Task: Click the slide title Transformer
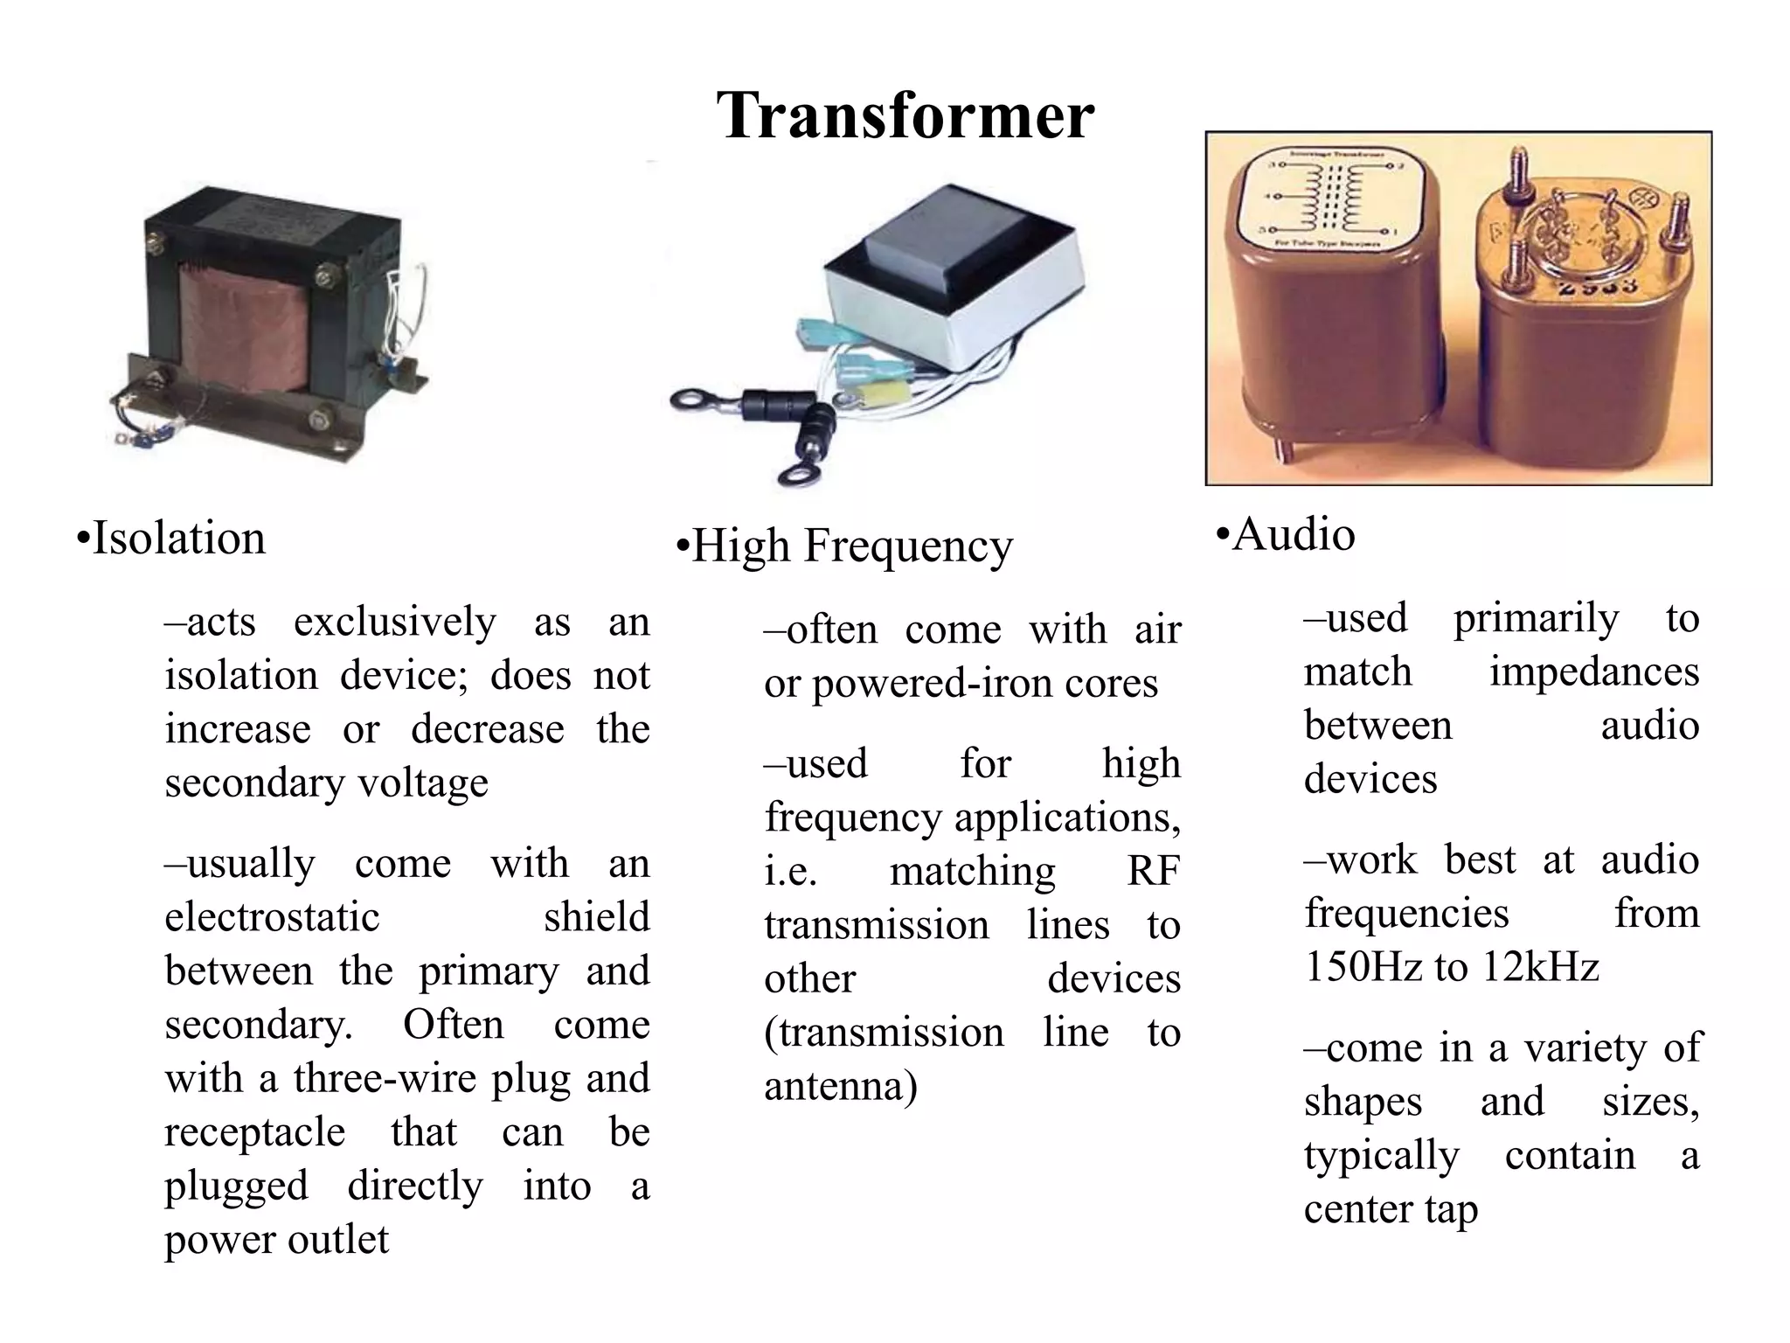tap(905, 115)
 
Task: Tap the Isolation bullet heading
tap(171, 538)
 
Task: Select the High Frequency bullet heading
tap(844, 546)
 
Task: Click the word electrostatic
tap(272, 917)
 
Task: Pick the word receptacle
tap(254, 1132)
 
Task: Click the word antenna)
tap(840, 1087)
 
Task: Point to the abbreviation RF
tap(1153, 871)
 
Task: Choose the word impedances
tap(1593, 672)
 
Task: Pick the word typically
tap(1381, 1156)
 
